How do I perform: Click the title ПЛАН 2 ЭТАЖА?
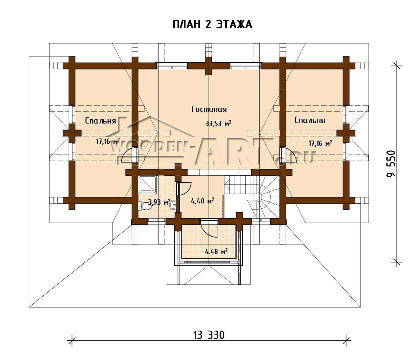point(212,24)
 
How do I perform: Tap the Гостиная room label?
point(209,109)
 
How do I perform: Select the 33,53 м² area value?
point(218,123)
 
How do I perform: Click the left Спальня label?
point(100,121)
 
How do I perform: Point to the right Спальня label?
point(310,120)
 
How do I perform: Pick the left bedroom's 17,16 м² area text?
point(108,141)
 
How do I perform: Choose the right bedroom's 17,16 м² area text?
point(320,143)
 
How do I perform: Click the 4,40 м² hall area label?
point(202,201)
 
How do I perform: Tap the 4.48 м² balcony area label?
point(216,252)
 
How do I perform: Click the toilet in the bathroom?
point(144,206)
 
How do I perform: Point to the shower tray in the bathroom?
point(147,184)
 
